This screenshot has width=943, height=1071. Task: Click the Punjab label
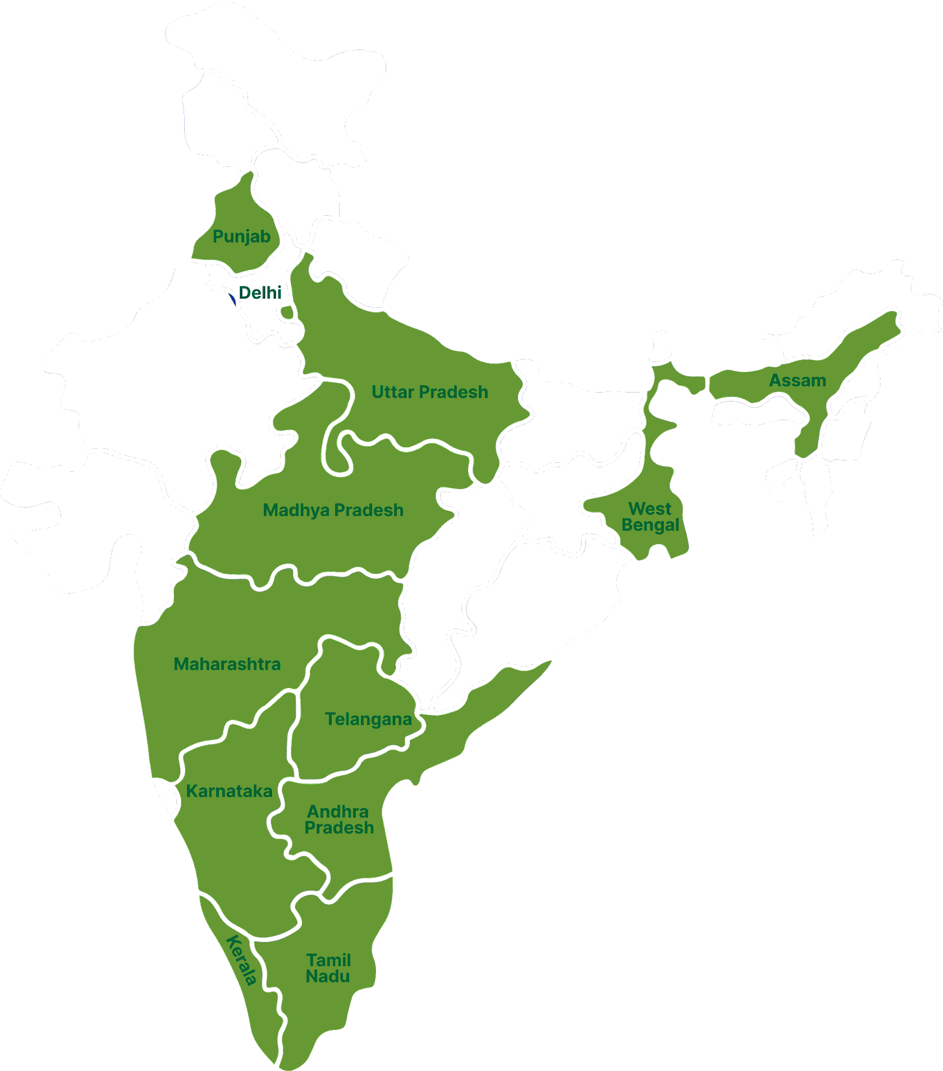tap(241, 236)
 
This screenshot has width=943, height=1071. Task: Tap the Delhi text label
tap(260, 293)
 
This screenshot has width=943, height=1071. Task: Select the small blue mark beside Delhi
tap(232, 299)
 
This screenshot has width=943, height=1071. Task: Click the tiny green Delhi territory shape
tap(287, 312)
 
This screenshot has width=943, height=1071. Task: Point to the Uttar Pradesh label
tap(429, 392)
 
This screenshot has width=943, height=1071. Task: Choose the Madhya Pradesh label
tap(333, 510)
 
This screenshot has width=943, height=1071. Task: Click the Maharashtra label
tap(227, 664)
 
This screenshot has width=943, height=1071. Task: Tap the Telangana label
tap(368, 719)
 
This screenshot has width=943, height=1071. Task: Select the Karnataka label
tap(229, 791)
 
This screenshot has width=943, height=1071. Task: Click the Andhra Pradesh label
tap(338, 819)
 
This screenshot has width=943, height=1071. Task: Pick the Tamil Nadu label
tap(328, 968)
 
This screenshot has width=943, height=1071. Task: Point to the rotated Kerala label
tap(242, 960)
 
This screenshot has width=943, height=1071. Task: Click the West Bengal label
tap(650, 517)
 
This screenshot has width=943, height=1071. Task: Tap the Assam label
tap(797, 380)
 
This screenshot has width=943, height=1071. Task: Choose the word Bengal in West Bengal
tap(650, 525)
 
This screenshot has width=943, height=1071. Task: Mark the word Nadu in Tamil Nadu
tap(328, 977)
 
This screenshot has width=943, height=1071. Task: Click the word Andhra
tap(338, 812)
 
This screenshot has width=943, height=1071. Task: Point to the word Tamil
tap(328, 960)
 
